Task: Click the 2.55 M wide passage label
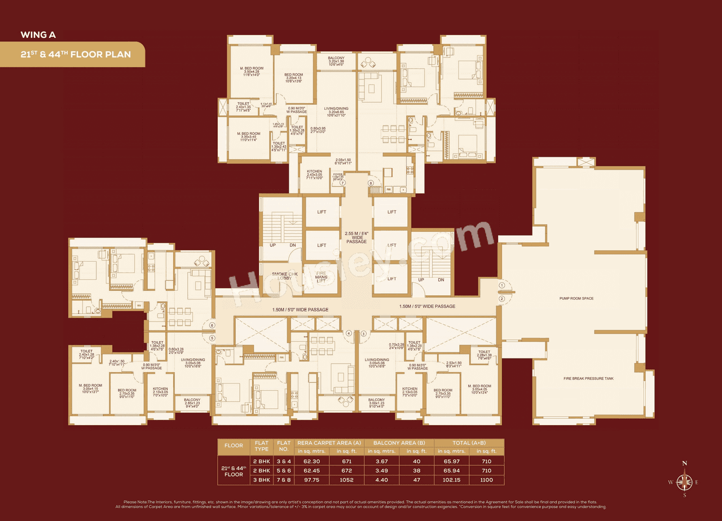click(356, 237)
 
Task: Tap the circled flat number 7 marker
click(342, 183)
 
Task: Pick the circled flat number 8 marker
click(371, 183)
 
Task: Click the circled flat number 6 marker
click(212, 325)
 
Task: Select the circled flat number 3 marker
click(363, 333)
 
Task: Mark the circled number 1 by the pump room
click(501, 286)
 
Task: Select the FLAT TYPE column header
click(261, 445)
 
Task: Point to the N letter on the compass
click(685, 463)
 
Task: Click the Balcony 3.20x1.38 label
click(336, 61)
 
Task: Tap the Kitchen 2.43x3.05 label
click(315, 174)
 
